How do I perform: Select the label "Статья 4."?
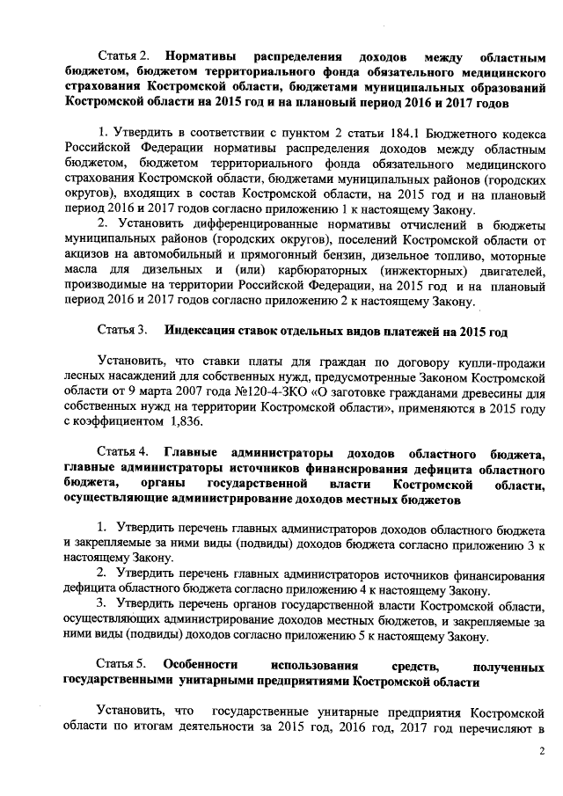point(123,453)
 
